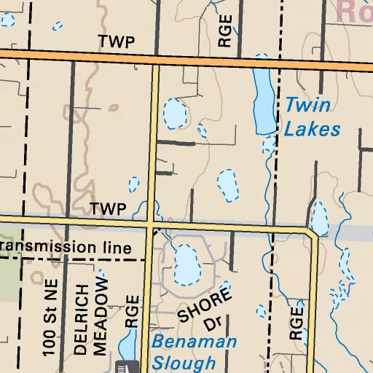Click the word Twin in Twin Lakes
point(307,106)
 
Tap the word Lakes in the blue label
point(312,130)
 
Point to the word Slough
point(184,362)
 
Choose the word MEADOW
point(102,313)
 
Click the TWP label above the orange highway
point(118,42)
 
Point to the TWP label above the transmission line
point(109,209)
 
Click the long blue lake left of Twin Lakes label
point(262,101)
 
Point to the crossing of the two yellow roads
point(151,223)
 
